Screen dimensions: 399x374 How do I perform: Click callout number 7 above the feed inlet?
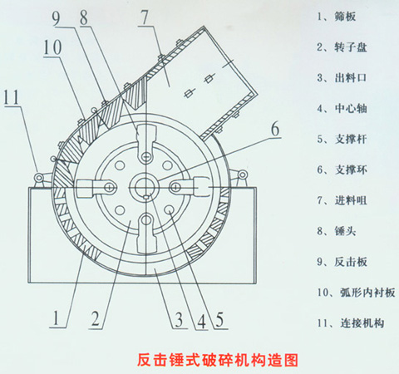145,17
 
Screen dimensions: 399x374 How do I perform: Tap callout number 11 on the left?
12,97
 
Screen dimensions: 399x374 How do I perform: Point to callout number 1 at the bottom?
57,317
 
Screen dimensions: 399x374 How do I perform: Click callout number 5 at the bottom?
219,319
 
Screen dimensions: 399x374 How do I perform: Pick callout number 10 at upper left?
52,47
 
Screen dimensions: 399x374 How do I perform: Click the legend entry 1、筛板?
337,17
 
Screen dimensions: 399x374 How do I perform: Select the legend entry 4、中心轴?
342,108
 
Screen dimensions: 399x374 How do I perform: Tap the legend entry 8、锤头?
337,230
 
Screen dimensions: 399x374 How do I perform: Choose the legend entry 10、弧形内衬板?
356,293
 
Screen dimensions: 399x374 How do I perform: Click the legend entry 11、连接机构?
351,323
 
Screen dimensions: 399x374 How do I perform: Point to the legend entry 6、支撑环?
342,170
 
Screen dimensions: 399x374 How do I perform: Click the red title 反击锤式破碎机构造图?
218,360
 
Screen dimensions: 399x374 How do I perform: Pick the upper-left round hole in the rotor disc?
120,165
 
